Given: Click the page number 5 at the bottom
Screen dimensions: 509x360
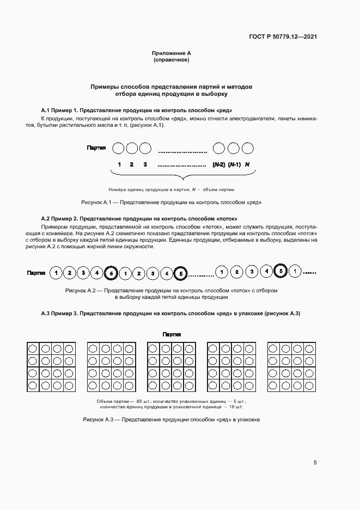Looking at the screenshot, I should click(x=315, y=463).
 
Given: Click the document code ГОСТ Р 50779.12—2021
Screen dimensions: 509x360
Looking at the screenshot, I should click(x=283, y=37).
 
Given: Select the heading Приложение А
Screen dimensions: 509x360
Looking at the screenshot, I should click(x=172, y=53).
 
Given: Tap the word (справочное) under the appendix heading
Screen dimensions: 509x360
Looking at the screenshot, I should click(x=172, y=60).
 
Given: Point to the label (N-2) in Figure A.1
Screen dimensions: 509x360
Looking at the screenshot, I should click(x=218, y=164).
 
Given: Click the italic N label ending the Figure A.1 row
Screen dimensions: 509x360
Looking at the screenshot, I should click(x=247, y=164).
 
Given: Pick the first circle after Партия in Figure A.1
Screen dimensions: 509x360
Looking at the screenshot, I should click(x=118, y=148).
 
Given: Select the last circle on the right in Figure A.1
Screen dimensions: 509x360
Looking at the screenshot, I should click(x=247, y=148).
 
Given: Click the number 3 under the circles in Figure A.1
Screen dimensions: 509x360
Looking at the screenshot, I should click(x=145, y=164).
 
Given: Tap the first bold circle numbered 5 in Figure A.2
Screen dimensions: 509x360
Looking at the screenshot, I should click(x=111, y=272).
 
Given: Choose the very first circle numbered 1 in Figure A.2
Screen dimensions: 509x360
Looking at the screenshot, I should click(x=56, y=272).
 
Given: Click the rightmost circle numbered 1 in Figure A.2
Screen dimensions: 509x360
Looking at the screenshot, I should click(x=294, y=271).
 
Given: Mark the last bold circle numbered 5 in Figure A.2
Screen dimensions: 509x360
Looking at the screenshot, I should click(x=280, y=271).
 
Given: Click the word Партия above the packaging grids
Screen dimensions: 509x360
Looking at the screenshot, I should click(x=172, y=334).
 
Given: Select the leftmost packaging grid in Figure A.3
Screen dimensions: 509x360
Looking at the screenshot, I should click(x=51, y=366).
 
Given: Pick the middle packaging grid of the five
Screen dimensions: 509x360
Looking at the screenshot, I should click(x=172, y=366).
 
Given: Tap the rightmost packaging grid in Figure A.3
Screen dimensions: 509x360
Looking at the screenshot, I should click(x=291, y=366).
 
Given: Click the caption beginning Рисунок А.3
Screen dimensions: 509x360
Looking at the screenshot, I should click(x=171, y=420).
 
